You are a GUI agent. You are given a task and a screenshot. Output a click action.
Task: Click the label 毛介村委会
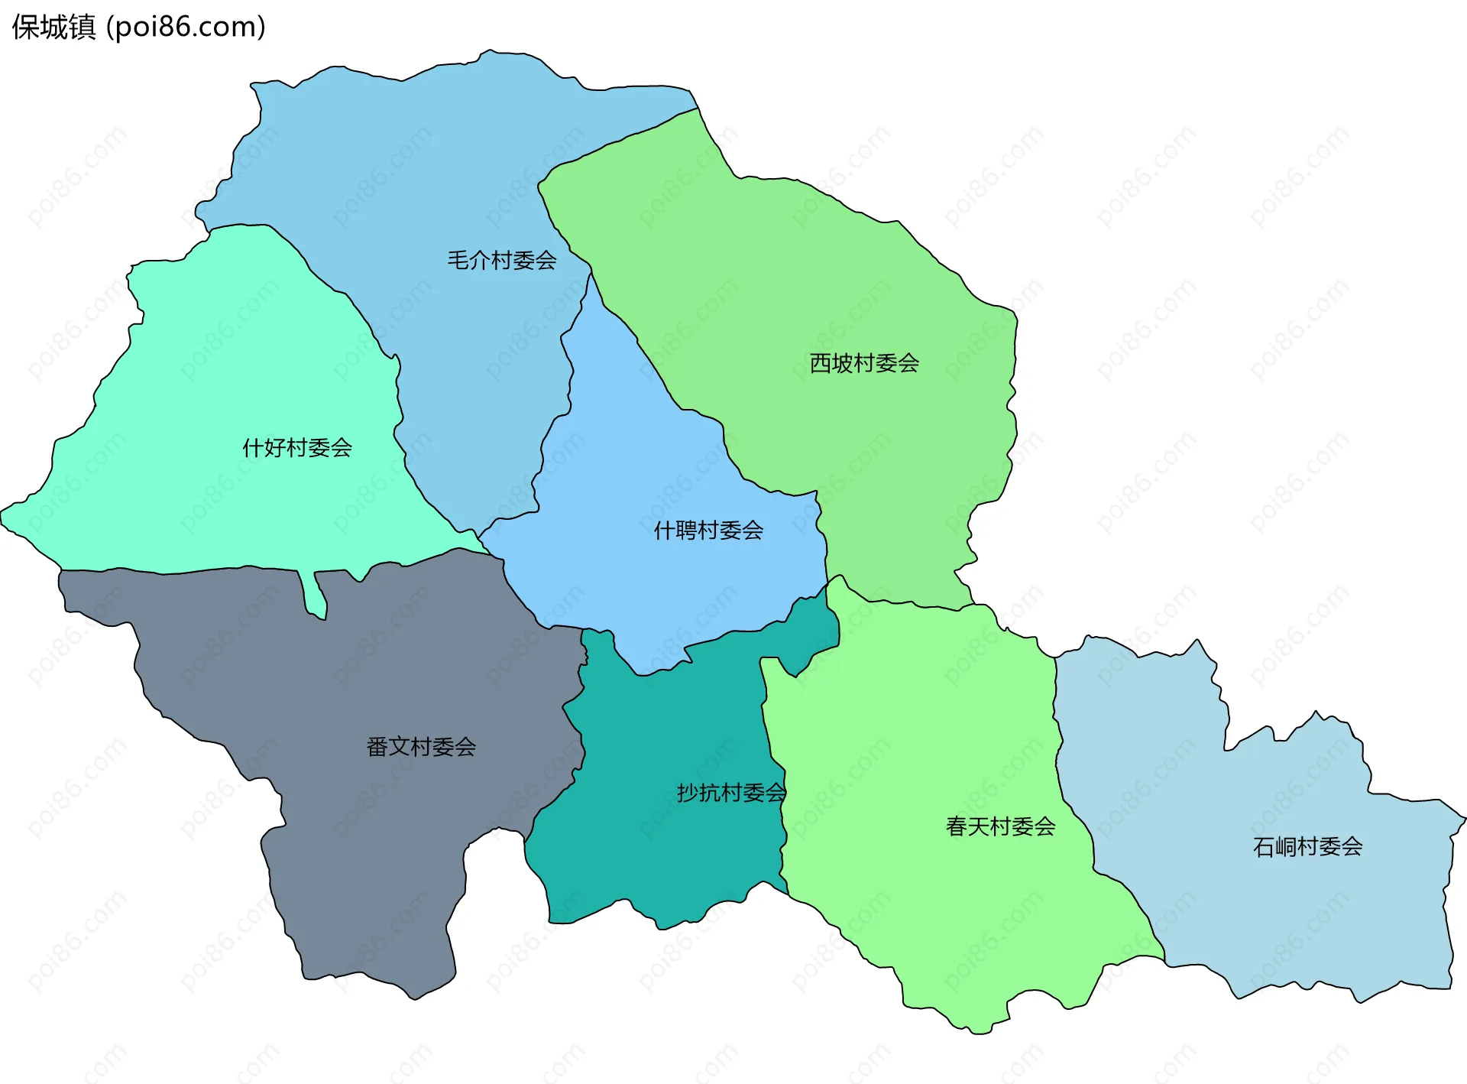click(501, 261)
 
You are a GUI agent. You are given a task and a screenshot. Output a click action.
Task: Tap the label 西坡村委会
click(864, 363)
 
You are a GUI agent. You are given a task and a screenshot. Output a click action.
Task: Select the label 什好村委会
click(297, 447)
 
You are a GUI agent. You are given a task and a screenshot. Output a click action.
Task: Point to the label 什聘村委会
click(708, 530)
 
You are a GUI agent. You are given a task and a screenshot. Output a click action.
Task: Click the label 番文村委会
click(421, 746)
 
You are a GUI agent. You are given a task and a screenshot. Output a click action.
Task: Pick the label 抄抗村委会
click(731, 793)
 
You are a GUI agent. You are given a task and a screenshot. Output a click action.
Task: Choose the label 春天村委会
click(1000, 826)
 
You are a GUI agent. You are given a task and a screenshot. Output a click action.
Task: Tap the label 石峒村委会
click(1307, 846)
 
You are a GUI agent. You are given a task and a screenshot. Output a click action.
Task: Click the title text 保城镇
click(54, 28)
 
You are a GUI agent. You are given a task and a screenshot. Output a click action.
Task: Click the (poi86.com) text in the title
click(186, 28)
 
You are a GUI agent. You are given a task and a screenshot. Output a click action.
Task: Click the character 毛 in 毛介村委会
click(458, 261)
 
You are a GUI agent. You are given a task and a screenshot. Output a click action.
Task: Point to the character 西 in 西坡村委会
click(821, 363)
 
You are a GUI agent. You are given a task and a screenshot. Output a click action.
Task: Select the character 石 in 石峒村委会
click(1264, 846)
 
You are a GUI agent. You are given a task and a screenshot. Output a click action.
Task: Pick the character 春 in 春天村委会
click(957, 826)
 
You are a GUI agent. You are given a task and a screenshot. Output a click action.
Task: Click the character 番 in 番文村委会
click(377, 746)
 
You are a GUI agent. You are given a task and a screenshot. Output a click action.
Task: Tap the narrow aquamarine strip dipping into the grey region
click(314, 596)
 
